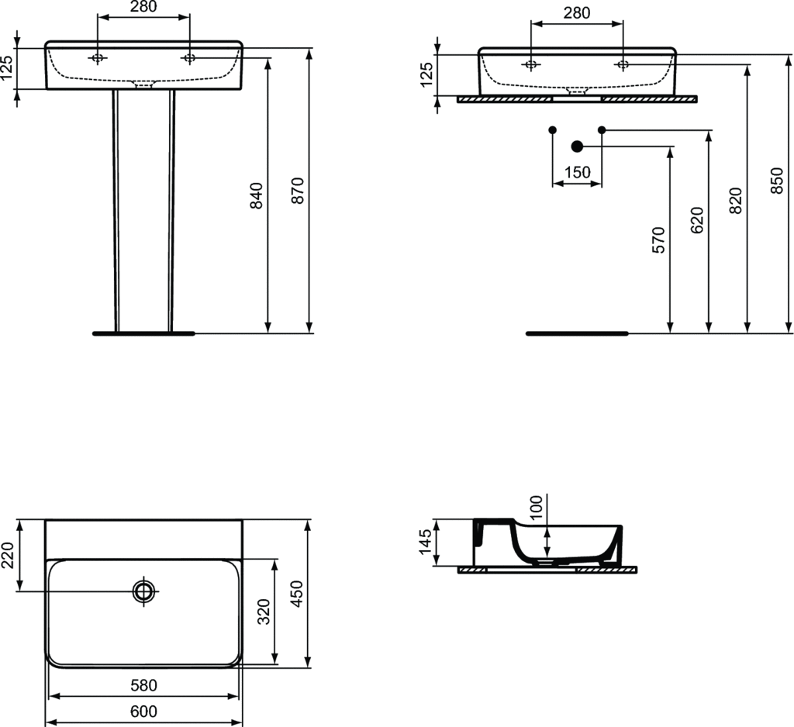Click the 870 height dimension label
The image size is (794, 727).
[299, 191]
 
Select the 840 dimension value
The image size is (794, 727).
[257, 195]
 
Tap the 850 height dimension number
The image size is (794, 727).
[777, 181]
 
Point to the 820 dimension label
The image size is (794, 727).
[735, 201]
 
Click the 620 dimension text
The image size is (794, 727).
[697, 219]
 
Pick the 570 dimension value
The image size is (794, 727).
[658, 240]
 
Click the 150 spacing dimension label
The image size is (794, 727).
[577, 173]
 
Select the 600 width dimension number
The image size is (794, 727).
[143, 711]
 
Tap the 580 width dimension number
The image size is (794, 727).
[143, 685]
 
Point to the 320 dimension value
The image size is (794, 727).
[264, 612]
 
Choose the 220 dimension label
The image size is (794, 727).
[8, 555]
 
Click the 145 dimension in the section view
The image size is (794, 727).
[426, 541]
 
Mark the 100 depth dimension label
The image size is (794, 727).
[536, 508]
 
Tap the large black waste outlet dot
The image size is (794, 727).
[577, 146]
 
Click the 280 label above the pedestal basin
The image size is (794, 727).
[143, 6]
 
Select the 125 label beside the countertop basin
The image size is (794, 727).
[426, 74]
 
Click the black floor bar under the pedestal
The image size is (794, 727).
[143, 333]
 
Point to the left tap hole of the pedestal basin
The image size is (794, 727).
[98, 58]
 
